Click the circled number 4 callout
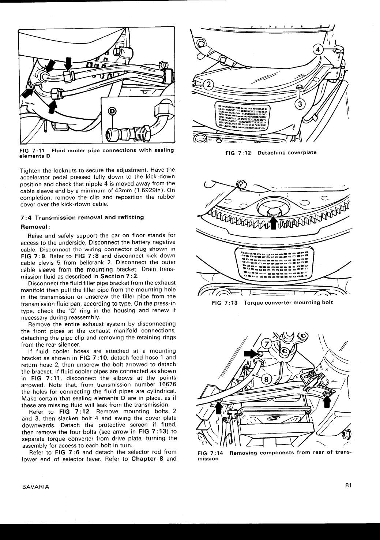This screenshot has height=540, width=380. click(317, 50)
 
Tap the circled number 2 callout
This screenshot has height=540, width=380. click(208, 85)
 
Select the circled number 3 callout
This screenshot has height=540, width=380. click(300, 104)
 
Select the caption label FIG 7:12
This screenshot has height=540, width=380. click(238, 153)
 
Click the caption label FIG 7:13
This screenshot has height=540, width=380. click(224, 303)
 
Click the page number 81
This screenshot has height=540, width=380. click(347, 486)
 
